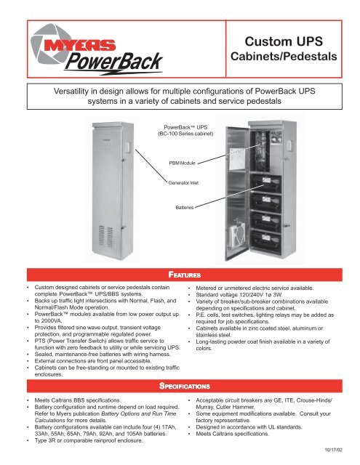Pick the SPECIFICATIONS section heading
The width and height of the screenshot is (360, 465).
point(180,379)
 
